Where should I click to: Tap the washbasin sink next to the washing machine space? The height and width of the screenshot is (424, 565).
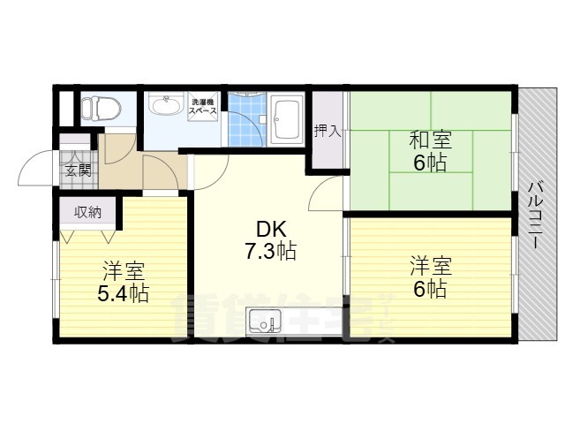click(162, 107)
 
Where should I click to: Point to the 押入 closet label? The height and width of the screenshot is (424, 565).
click(327, 132)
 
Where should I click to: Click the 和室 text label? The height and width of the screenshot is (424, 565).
click(430, 139)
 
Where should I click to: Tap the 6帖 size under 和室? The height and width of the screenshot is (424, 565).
click(430, 162)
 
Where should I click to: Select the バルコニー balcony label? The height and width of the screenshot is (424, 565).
click(535, 217)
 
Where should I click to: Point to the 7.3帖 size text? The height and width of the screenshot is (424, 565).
click(269, 252)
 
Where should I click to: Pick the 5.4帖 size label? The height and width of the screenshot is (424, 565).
click(123, 292)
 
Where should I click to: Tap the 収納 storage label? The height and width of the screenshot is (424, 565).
click(87, 212)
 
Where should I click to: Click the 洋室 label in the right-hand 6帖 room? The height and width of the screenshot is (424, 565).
click(430, 266)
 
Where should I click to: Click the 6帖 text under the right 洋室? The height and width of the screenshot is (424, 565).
click(430, 289)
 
